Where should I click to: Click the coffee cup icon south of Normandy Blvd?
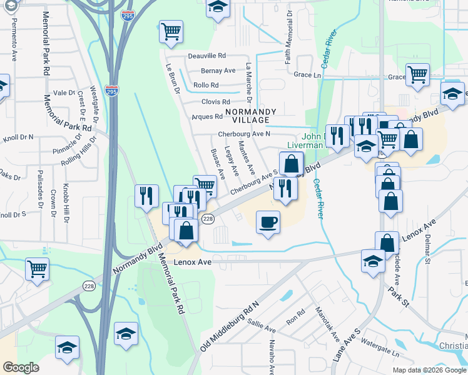tap(268, 222)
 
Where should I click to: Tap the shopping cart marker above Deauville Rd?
tap(171, 31)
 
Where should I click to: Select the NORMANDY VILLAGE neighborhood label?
tap(254, 115)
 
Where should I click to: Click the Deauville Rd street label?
tap(207, 56)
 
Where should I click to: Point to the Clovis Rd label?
tap(215, 102)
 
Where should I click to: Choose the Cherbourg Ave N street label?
tap(243, 134)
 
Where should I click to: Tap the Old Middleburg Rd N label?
tap(230, 326)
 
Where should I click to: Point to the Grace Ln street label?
tap(307, 74)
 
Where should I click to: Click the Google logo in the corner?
tap(21, 367)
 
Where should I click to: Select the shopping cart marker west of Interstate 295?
tap(37, 269)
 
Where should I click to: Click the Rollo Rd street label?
tap(206, 86)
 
